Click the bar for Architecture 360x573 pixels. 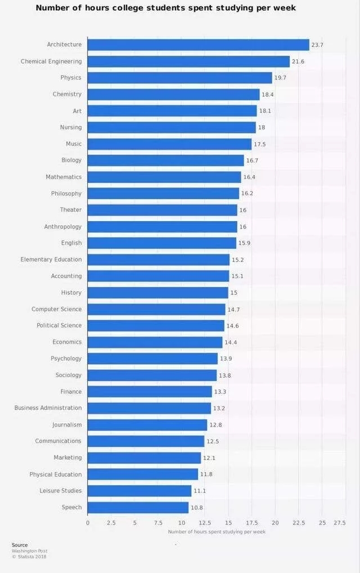199,45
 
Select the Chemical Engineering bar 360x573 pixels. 188,61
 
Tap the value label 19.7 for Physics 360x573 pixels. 281,78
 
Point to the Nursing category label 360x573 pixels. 71,127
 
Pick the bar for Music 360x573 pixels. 169,144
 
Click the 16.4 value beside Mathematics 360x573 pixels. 250,177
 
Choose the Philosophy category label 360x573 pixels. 66,194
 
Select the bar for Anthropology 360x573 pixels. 163,227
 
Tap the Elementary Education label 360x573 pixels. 51,259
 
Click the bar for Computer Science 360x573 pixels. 156,309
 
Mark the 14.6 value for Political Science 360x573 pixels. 233,326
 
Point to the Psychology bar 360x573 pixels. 152,359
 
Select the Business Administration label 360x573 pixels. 48,408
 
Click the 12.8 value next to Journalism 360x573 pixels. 216,425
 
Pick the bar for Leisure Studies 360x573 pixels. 139,491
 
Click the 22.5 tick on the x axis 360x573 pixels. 299,523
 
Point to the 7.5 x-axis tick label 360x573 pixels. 158,523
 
